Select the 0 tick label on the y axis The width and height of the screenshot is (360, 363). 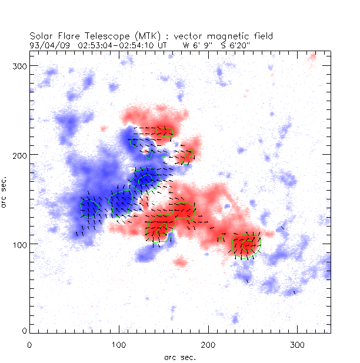pyautogui.click(x=24, y=331)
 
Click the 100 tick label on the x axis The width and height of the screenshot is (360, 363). pyautogui.click(x=119, y=344)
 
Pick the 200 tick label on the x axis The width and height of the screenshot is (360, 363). pyautogui.click(x=208, y=344)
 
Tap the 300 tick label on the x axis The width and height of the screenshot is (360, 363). pyautogui.click(x=298, y=344)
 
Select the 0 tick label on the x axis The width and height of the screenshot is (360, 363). pyautogui.click(x=30, y=344)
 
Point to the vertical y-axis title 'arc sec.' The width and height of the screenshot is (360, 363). pyautogui.click(x=6, y=191)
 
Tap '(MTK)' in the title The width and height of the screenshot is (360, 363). pyautogui.click(x=139, y=36)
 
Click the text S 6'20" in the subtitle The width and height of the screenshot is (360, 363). pyautogui.click(x=235, y=44)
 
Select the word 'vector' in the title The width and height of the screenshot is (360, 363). pyautogui.click(x=181, y=36)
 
